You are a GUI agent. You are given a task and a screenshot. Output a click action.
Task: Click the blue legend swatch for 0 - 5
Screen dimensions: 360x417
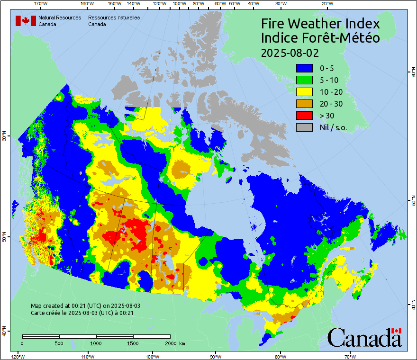(305, 68)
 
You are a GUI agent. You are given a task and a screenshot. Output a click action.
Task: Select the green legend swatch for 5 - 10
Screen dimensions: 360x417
(305, 80)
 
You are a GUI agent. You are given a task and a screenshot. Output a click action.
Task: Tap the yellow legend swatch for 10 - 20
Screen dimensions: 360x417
(305, 92)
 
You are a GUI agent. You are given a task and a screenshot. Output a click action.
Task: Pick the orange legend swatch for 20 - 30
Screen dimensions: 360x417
(305, 104)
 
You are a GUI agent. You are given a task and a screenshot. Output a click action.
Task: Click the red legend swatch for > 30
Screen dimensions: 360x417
(305, 116)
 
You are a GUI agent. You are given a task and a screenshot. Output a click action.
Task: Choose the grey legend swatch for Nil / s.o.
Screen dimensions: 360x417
(305, 127)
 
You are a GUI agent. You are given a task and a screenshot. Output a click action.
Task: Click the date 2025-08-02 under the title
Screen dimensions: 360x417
(290, 52)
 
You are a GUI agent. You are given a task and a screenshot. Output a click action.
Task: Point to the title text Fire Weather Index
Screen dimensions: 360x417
(320, 24)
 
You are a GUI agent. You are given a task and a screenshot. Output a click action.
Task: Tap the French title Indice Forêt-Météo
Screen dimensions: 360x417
(320, 38)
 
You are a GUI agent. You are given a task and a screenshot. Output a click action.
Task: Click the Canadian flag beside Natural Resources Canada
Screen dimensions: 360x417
(26, 21)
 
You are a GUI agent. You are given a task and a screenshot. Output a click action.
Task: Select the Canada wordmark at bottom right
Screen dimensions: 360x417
(364, 337)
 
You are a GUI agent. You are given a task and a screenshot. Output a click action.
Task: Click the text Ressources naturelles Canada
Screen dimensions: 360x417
(114, 21)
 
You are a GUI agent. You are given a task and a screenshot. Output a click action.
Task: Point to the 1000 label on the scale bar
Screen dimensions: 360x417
(96, 343)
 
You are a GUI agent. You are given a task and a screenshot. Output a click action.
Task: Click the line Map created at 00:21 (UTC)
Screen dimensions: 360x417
(85, 306)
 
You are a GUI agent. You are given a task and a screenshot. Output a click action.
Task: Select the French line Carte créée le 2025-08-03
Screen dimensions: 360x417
(82, 313)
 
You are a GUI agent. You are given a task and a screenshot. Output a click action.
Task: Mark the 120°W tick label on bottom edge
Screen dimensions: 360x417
(18, 356)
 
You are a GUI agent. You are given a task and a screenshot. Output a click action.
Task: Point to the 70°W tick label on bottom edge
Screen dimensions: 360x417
(350, 356)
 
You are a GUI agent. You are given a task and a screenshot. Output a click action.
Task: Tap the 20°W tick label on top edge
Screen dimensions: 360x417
(326, 4)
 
